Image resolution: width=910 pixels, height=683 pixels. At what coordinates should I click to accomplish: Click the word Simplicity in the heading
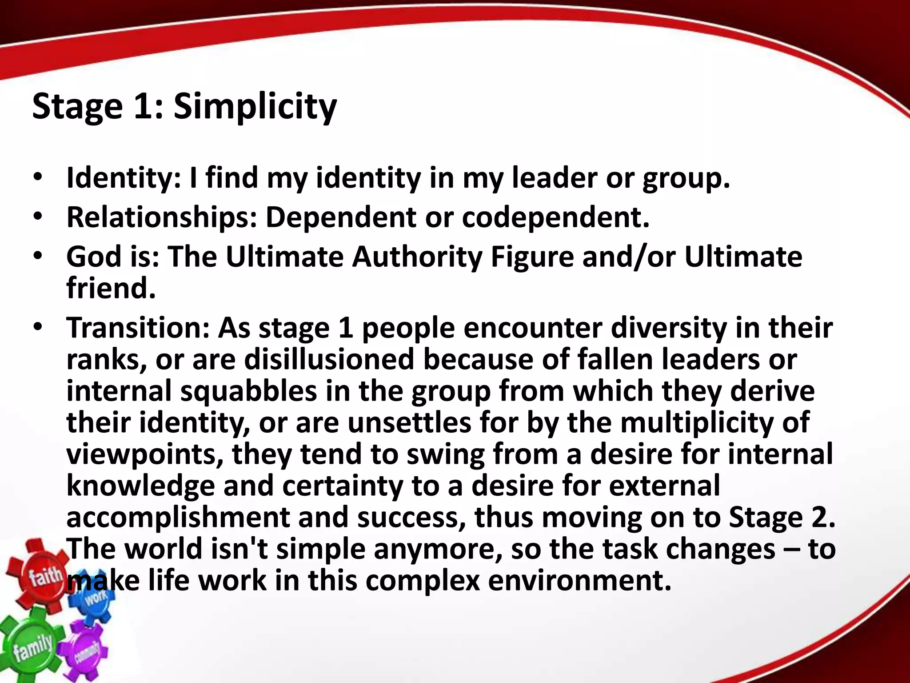[x=255, y=107]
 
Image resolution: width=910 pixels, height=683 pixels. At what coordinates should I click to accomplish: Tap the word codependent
[x=555, y=217]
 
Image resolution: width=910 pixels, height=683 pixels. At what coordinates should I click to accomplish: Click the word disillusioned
[x=329, y=359]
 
